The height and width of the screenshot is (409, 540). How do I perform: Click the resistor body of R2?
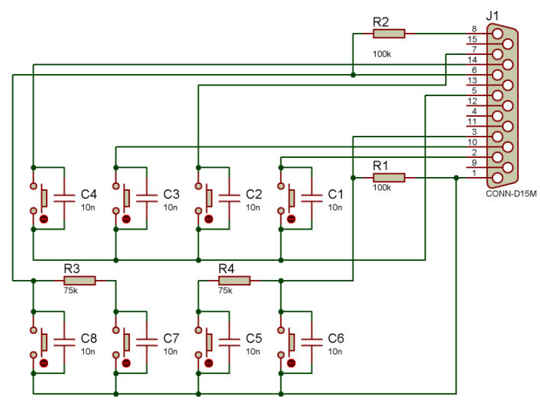[x=389, y=34]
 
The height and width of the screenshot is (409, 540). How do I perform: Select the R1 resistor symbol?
[x=389, y=178]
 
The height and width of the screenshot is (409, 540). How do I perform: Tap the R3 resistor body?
[x=79, y=281]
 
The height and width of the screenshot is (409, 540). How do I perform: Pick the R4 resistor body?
[x=234, y=281]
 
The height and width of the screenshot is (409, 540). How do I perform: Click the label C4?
[x=89, y=195]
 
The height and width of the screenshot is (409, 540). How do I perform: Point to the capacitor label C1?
[x=336, y=195]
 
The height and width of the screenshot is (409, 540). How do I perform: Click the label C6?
[x=336, y=339]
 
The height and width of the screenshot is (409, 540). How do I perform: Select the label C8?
[x=89, y=339]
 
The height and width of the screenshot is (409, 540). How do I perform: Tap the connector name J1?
[x=492, y=15]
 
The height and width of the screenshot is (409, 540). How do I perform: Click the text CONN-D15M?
[x=511, y=194]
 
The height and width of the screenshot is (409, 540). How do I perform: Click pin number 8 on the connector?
[x=474, y=29]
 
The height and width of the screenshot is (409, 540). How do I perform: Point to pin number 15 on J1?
[x=472, y=39]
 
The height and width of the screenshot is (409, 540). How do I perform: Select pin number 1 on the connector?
[x=474, y=173]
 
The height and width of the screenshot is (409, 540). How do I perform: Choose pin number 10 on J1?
[x=472, y=142]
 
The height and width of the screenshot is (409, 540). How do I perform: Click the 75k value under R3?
[x=70, y=291]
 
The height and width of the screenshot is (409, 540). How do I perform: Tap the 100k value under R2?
[x=382, y=54]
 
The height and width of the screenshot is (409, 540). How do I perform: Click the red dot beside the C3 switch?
[x=126, y=219]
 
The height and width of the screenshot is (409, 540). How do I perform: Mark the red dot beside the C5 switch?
[x=209, y=363]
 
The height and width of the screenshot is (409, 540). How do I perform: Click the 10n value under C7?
[x=170, y=352]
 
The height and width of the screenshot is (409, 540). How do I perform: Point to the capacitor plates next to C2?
[x=229, y=198]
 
